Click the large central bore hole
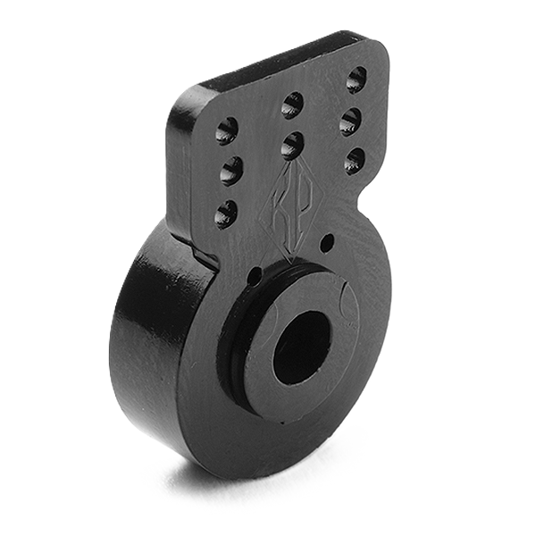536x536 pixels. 302,347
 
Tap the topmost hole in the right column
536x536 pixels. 356,79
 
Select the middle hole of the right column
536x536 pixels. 351,121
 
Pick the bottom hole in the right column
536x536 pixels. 355,161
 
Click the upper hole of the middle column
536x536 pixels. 292,105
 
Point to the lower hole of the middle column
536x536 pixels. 291,144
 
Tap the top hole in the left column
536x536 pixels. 227,130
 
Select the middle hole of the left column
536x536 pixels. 230,169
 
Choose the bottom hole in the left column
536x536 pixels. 226,214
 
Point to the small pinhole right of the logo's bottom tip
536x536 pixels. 327,241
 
